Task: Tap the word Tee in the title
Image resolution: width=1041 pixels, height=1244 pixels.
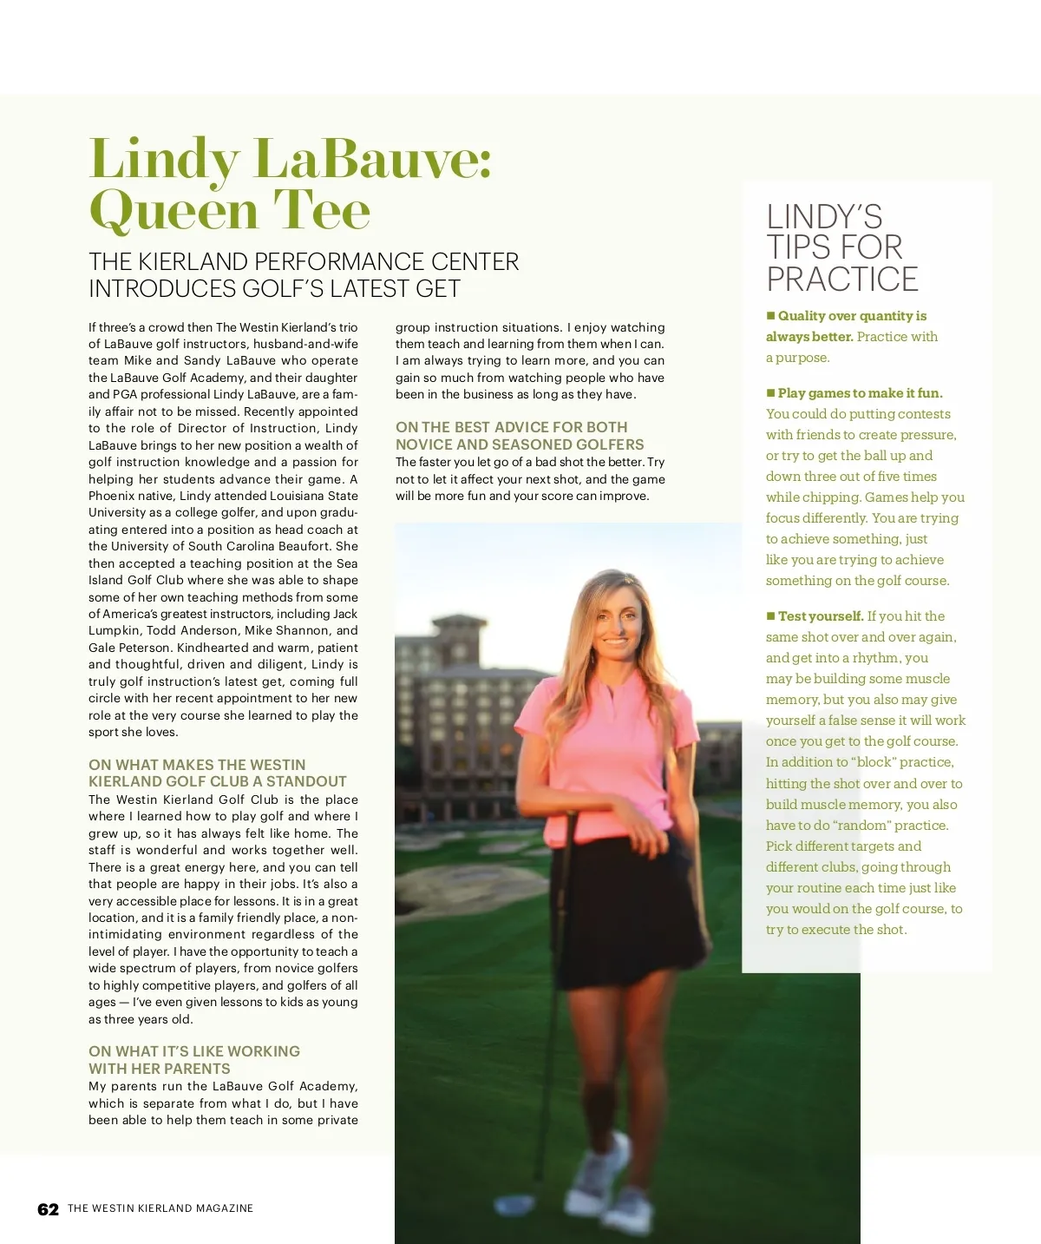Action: tap(322, 210)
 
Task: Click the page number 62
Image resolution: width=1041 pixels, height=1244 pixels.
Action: tap(48, 1209)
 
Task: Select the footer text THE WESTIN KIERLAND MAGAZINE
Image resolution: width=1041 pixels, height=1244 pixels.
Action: tap(160, 1208)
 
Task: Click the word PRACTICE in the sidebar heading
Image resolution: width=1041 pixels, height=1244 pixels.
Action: tap(841, 280)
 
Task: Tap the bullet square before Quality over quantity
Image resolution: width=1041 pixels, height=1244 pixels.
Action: tap(770, 315)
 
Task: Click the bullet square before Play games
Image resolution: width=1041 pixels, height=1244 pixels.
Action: tap(770, 392)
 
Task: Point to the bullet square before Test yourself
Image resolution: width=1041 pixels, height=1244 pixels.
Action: tap(770, 615)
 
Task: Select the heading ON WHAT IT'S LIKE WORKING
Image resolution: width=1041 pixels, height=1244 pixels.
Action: tap(194, 1051)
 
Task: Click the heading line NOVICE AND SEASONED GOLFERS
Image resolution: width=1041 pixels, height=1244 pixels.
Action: tap(520, 444)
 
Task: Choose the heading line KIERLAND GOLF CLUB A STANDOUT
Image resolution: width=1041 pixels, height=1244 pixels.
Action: tap(217, 781)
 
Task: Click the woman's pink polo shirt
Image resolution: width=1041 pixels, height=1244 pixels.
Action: tap(607, 747)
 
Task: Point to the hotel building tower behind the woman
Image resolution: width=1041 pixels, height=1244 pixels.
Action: tap(460, 660)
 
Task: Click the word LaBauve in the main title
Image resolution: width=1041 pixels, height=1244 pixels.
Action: tap(373, 160)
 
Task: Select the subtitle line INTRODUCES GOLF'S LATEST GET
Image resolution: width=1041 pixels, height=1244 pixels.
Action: tap(274, 289)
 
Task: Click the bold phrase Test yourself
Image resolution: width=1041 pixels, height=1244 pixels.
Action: tap(821, 616)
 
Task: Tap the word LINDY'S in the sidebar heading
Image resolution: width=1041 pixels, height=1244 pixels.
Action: tap(824, 217)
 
